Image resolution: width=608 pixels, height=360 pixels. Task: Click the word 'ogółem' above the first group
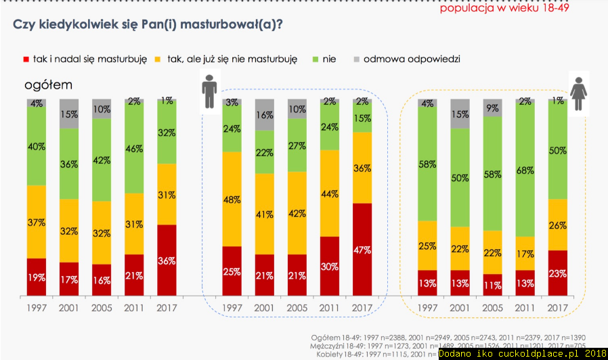click(48, 85)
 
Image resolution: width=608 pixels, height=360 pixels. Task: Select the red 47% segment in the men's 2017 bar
click(362, 249)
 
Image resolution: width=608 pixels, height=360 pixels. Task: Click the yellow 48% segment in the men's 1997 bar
click(232, 199)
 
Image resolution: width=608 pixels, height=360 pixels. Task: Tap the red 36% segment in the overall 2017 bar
click(167, 260)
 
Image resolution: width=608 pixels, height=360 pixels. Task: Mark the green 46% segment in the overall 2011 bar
click(134, 148)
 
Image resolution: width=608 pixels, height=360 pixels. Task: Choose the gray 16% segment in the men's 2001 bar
click(264, 114)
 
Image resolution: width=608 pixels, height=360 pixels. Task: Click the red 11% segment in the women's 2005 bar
click(492, 285)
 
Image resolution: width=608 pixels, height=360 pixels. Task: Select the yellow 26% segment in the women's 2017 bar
click(557, 225)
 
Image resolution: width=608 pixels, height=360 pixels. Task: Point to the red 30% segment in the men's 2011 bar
click(329, 266)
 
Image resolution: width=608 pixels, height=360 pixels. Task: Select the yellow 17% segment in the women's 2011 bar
click(525, 254)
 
